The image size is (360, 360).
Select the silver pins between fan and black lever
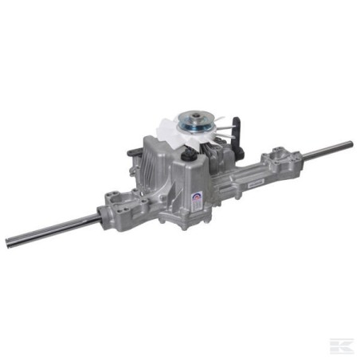point(226,132)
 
